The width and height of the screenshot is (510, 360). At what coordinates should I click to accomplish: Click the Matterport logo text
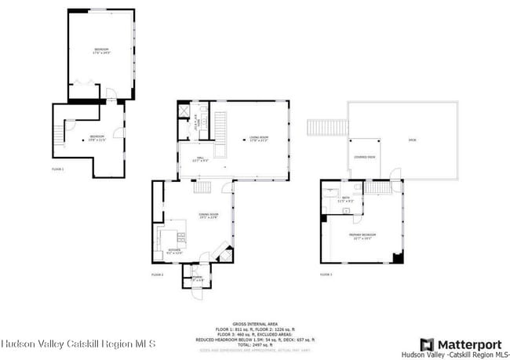(x=469, y=344)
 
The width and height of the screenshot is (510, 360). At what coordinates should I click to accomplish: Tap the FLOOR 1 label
(x=58, y=169)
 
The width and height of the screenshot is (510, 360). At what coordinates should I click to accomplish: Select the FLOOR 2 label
(x=157, y=275)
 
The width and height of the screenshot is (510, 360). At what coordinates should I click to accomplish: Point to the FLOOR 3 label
(x=326, y=275)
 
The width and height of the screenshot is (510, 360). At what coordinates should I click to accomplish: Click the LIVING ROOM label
(x=260, y=140)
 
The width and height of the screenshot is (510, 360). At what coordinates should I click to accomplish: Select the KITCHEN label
(x=175, y=252)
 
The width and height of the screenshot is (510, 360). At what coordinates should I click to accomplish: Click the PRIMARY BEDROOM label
(x=361, y=235)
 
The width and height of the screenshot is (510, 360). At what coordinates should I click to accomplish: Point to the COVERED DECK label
(x=363, y=157)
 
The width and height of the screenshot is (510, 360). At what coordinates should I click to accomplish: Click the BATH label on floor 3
(x=346, y=200)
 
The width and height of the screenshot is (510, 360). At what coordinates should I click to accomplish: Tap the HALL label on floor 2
(x=199, y=159)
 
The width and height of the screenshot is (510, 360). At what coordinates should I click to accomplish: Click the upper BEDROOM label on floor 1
(x=101, y=51)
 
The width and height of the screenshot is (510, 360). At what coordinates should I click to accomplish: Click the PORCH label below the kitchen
(x=197, y=278)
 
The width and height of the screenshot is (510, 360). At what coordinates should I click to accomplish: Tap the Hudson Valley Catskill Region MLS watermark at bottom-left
(x=78, y=344)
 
